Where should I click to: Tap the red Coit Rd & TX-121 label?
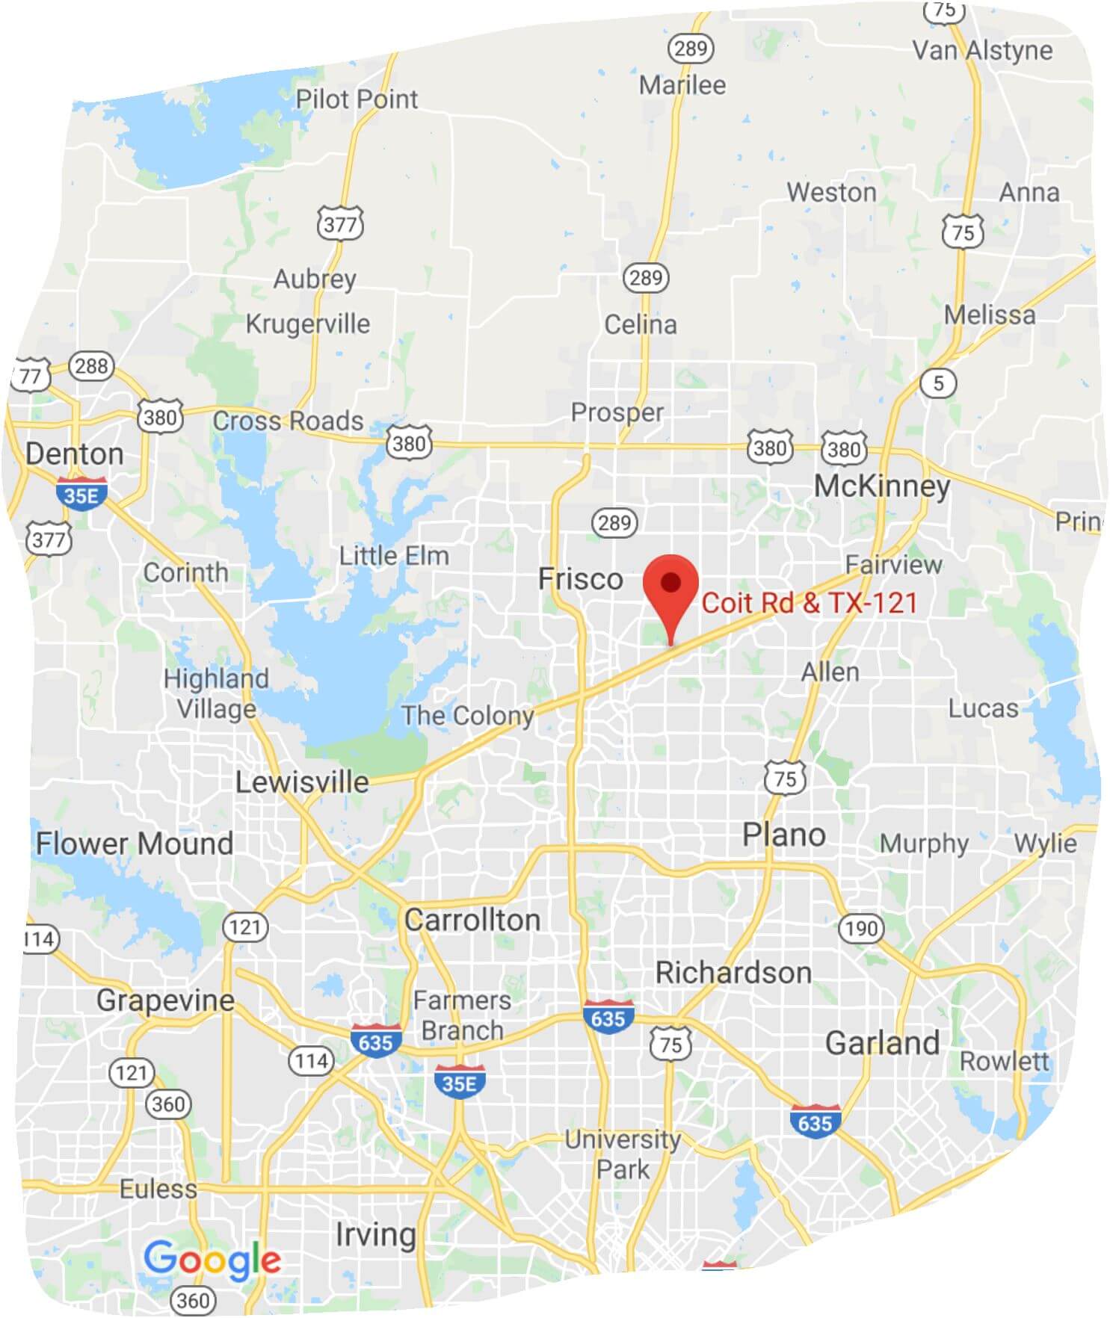pos(809,603)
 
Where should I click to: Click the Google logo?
pos(212,1260)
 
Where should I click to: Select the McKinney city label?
pos(882,486)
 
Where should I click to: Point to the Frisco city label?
pos(581,579)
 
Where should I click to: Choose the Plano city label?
pos(783,835)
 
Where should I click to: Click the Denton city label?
pos(74,454)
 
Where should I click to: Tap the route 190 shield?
pos(861,929)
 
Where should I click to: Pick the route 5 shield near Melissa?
pos(938,383)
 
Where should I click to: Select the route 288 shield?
pos(91,366)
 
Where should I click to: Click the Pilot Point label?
pos(357,99)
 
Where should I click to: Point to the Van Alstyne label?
pos(982,50)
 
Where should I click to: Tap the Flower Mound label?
pos(135,844)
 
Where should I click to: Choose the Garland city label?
pos(882,1043)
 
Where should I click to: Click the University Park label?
pos(623,1154)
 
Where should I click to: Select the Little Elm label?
pos(394,556)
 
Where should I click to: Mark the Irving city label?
pos(375,1234)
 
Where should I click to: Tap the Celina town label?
pos(641,324)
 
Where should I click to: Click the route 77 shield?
pos(31,375)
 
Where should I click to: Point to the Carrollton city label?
pos(472,920)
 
